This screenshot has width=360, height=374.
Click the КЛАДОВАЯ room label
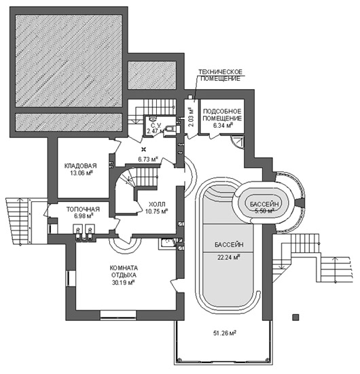tap(81, 166)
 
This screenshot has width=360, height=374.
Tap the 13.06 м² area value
tap(82, 173)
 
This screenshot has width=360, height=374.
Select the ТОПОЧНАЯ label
tap(83, 209)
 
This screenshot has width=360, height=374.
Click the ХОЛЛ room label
tap(157, 205)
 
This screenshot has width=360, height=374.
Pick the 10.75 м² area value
tap(156, 211)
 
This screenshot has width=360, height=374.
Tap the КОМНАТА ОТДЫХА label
tap(124, 271)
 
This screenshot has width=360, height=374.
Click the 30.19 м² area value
tap(124, 283)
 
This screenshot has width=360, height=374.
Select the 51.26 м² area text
tap(225, 333)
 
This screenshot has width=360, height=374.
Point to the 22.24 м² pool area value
tap(228, 257)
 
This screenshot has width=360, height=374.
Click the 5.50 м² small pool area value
tap(264, 211)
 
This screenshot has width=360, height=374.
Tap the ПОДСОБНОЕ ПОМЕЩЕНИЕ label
tap(222, 115)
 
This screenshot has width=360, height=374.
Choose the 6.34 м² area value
tap(222, 126)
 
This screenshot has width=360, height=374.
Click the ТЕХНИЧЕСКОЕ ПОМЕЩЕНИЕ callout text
tap(220, 75)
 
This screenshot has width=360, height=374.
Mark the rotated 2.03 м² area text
tap(192, 118)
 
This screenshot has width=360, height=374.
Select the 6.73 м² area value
tap(148, 159)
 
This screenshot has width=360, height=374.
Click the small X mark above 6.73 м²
tap(144, 150)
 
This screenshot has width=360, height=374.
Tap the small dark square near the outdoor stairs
tap(295, 318)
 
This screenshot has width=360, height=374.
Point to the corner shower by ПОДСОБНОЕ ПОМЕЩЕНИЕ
tap(238, 142)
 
